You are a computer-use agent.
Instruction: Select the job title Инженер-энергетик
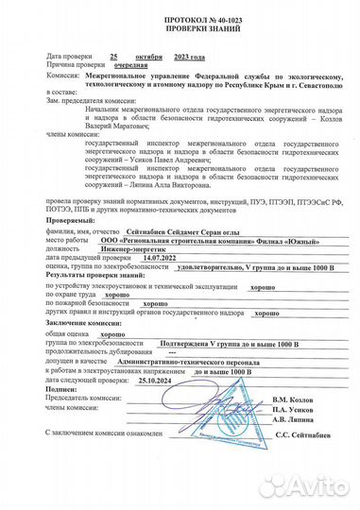(x=133, y=274)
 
